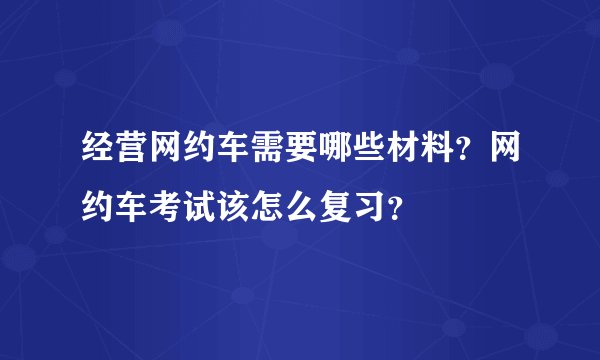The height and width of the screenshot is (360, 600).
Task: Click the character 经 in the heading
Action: point(96,155)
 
